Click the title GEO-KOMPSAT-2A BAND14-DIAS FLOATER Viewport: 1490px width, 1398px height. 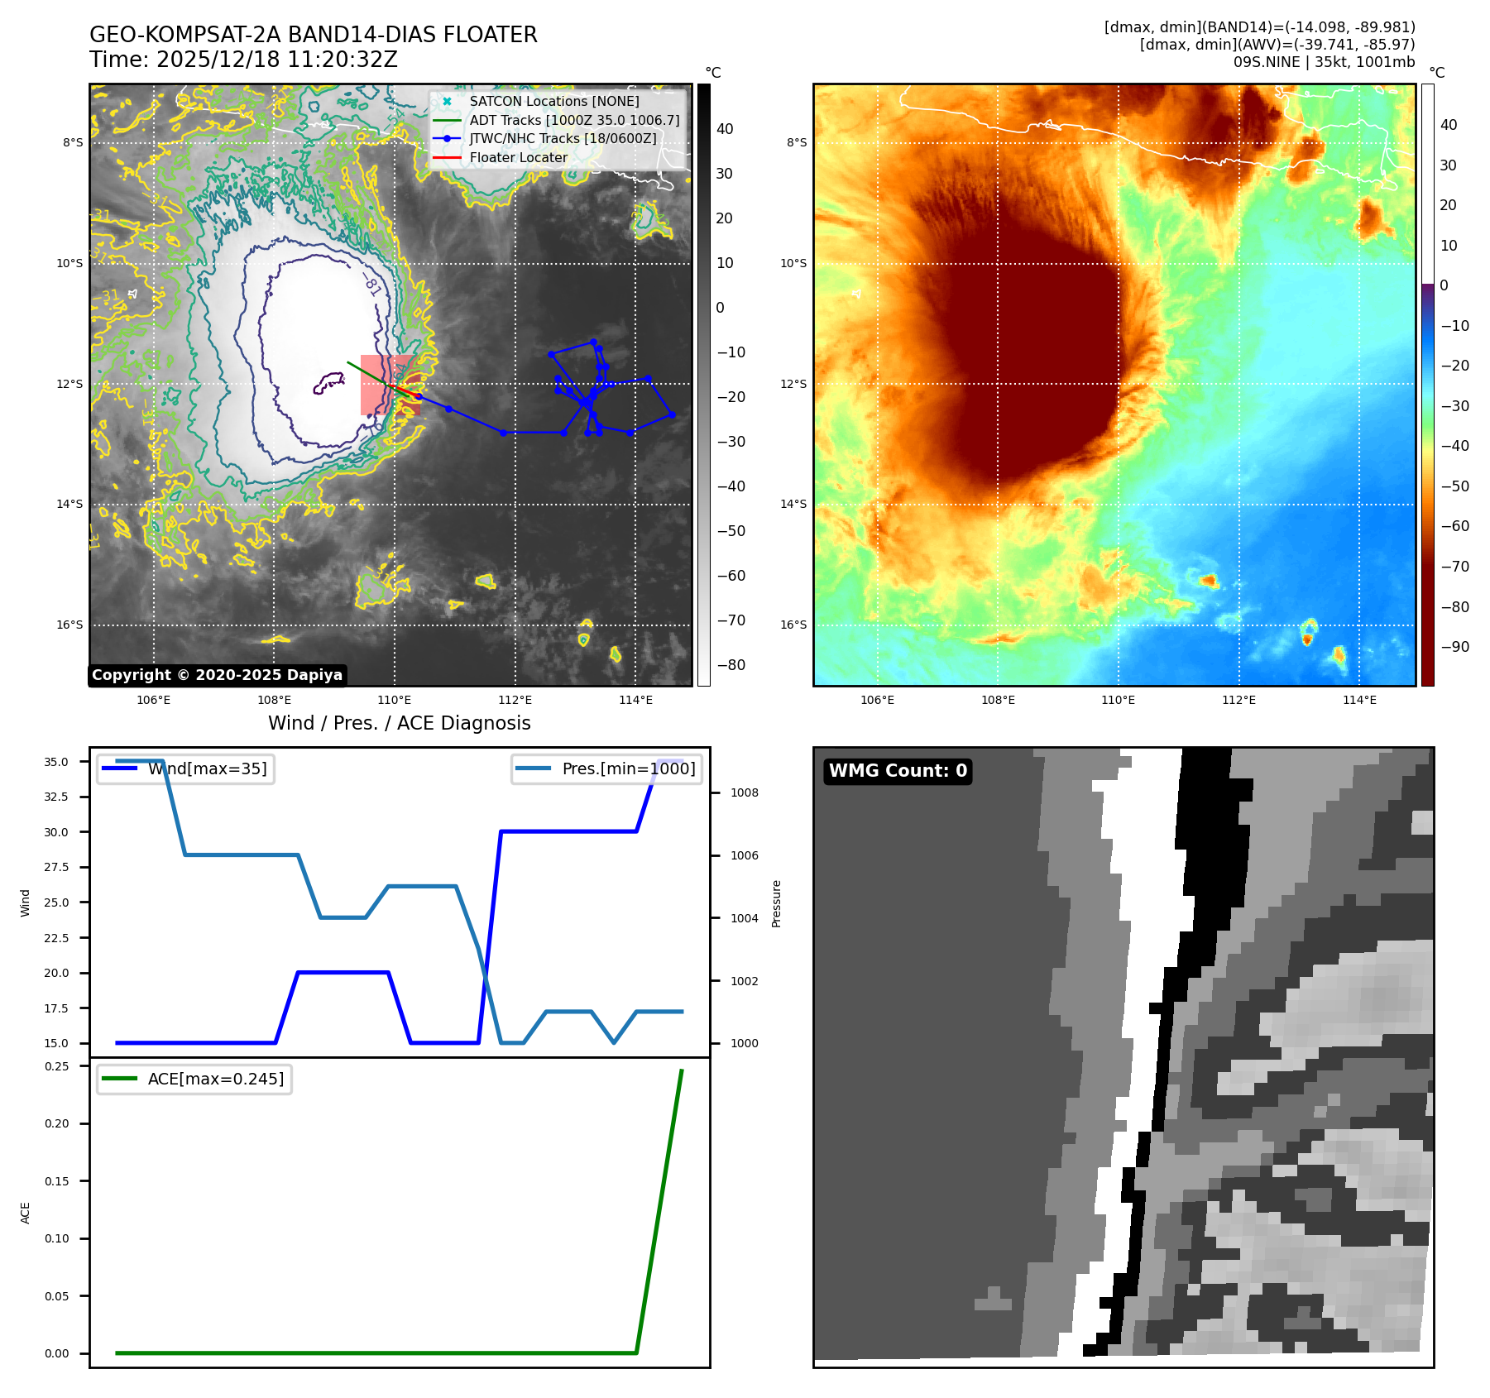(x=313, y=35)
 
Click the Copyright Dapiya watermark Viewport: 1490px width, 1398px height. (x=217, y=675)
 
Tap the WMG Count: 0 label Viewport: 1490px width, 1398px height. (x=898, y=771)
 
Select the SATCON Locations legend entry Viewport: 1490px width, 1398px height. (x=553, y=101)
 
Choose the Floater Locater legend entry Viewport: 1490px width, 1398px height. (x=518, y=157)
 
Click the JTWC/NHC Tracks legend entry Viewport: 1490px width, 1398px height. (x=563, y=138)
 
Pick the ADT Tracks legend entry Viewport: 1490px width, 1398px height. (x=574, y=120)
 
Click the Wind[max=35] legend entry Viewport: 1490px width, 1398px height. (x=207, y=768)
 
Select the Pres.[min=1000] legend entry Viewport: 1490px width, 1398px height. (x=628, y=768)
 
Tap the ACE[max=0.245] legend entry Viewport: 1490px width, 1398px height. (x=215, y=1079)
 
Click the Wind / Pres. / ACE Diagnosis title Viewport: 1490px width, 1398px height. (x=399, y=723)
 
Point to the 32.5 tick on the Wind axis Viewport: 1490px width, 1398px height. (x=56, y=797)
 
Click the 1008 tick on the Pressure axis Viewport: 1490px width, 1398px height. (x=744, y=792)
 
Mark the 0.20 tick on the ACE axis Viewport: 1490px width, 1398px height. (x=56, y=1123)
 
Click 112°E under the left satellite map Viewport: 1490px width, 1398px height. (x=515, y=700)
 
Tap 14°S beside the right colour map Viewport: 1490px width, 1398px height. (x=793, y=504)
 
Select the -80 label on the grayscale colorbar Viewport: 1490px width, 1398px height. (x=731, y=665)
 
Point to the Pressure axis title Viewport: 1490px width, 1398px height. (x=776, y=903)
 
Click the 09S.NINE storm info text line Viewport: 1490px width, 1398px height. (x=1324, y=62)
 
